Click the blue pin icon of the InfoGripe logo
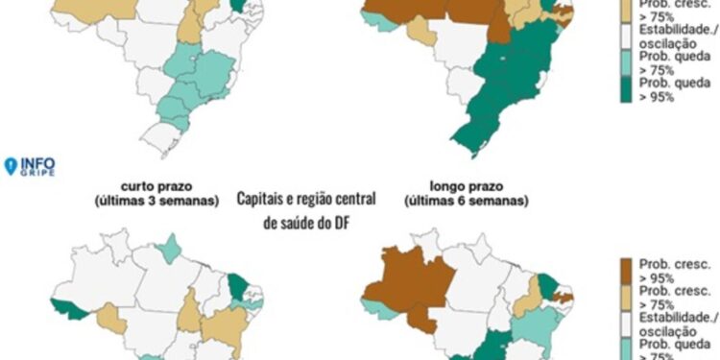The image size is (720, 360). click(12, 166)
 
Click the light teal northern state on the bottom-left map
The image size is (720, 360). click(169, 251)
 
